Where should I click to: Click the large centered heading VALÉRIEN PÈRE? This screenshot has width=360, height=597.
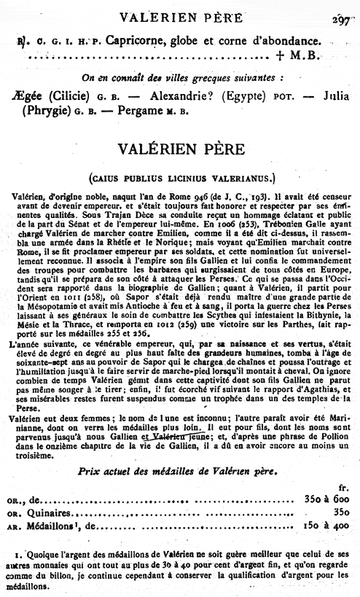tap(179, 149)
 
